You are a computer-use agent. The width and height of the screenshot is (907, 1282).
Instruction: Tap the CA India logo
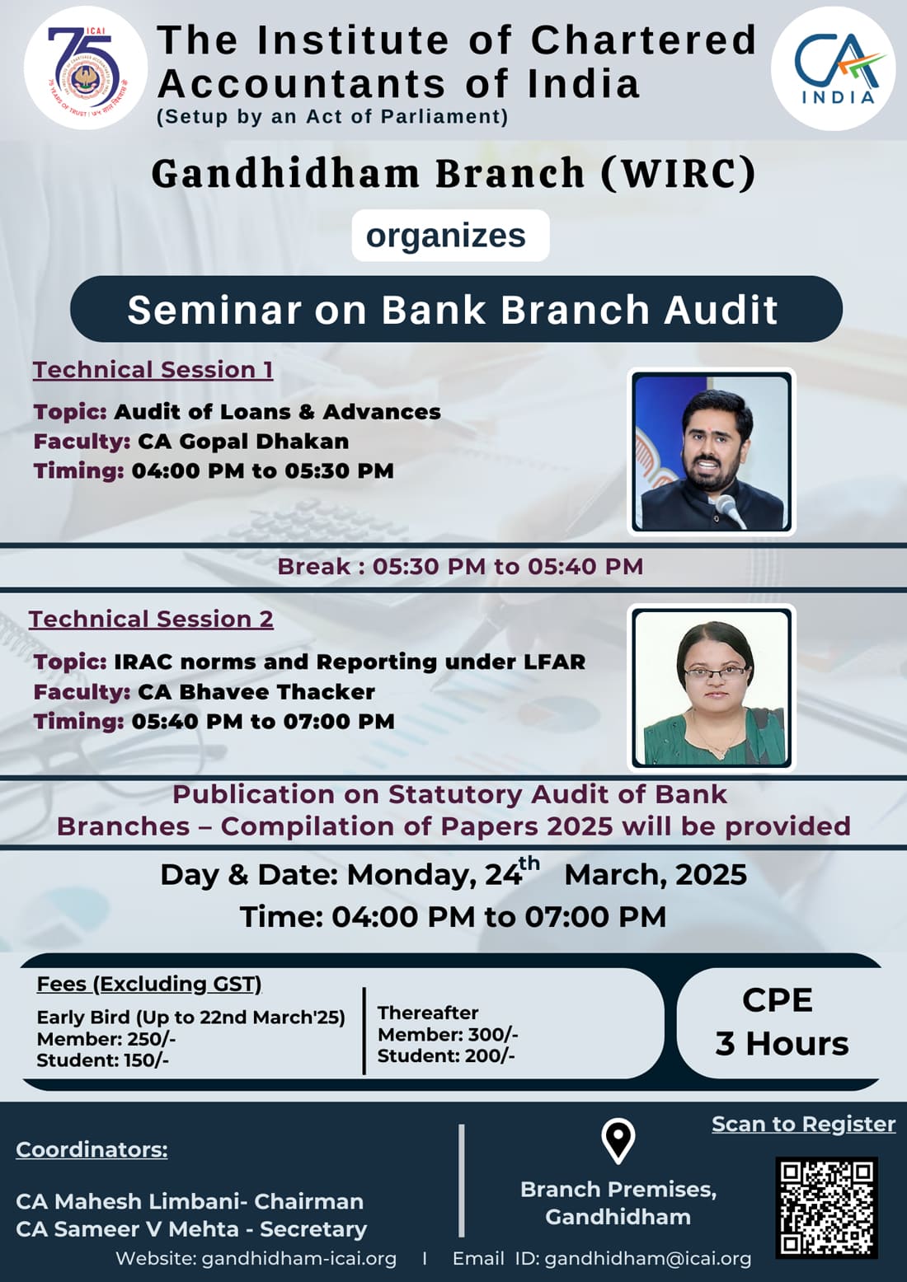click(833, 68)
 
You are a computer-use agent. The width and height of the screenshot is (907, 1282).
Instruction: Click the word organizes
click(445, 236)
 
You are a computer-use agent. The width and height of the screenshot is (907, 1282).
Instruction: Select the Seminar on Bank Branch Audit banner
click(456, 309)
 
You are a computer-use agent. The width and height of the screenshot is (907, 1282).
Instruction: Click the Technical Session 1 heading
click(153, 370)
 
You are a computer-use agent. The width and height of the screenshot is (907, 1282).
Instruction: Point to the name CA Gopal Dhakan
click(243, 442)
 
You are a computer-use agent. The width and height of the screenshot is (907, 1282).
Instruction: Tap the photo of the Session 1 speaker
click(711, 452)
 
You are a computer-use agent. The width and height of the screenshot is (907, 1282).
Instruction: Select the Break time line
click(460, 567)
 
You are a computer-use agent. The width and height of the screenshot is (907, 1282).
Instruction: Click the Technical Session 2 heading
click(151, 620)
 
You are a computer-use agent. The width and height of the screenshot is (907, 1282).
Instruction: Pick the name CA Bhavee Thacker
click(256, 692)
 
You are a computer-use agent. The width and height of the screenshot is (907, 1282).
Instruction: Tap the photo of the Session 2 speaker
click(711, 688)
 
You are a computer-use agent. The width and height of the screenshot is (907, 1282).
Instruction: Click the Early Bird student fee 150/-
click(147, 1060)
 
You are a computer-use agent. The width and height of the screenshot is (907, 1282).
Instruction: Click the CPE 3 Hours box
click(780, 1022)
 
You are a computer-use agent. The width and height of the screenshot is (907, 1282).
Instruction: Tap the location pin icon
click(618, 1141)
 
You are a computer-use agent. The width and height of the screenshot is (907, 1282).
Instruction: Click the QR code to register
click(827, 1208)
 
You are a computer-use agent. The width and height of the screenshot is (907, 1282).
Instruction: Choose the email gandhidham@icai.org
click(647, 1259)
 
